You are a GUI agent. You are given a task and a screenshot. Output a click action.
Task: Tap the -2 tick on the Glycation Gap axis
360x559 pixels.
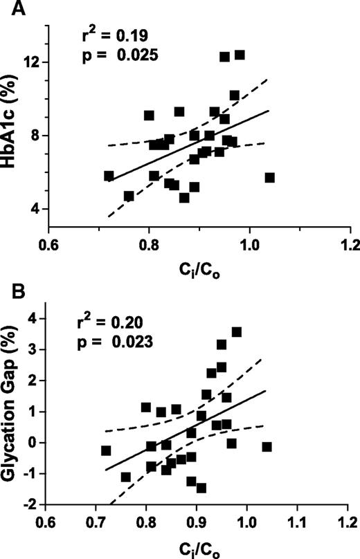click(33, 504)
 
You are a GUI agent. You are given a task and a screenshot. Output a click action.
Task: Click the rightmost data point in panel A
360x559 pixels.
click(269, 178)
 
